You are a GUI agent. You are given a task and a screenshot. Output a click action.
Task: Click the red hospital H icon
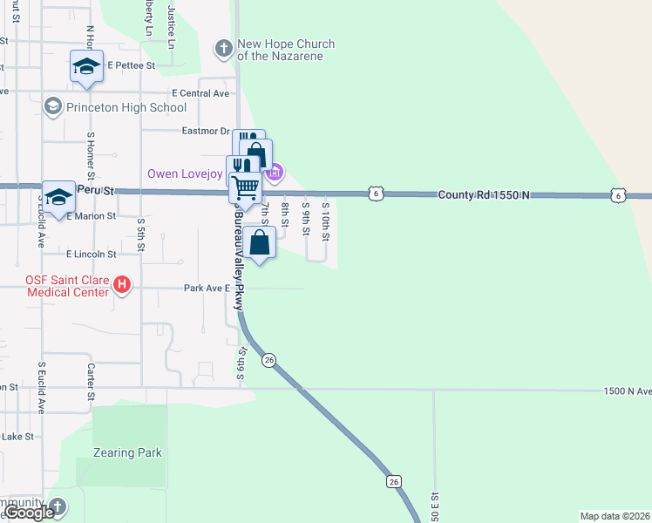[122, 284]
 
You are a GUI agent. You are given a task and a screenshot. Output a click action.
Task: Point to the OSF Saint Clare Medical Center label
[68, 286]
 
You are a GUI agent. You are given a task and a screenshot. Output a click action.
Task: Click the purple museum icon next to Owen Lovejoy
[275, 173]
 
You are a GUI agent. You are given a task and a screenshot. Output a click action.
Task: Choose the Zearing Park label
[127, 452]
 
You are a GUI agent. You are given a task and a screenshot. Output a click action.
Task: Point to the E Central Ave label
[200, 92]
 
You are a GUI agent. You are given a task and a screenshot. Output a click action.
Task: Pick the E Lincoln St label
[92, 254]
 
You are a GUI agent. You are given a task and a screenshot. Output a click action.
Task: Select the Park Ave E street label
[206, 288]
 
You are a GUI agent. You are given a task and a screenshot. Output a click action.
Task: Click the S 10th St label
[324, 221]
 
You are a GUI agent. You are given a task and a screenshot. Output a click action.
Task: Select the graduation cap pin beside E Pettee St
[86, 68]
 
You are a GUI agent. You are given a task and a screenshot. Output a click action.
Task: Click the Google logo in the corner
[30, 513]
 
